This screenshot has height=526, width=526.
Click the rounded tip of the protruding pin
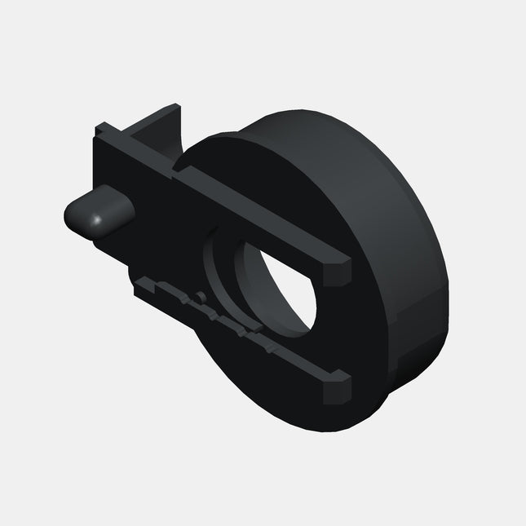[x=74, y=215]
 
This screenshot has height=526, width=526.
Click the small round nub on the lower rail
[x=198, y=294]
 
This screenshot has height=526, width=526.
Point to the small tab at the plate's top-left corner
[x=102, y=128]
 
